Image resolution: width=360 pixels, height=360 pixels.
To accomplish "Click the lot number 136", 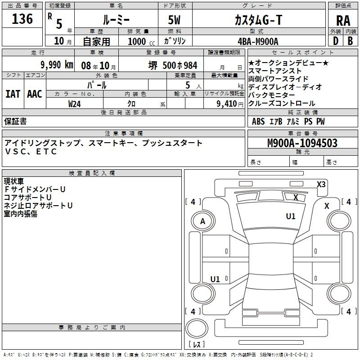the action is point(22,19).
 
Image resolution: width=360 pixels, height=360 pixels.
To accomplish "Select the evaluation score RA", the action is point(343,21).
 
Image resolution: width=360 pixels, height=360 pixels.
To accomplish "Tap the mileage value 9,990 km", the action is point(57,65).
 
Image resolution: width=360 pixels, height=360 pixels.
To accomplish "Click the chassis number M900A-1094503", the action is point(302,143).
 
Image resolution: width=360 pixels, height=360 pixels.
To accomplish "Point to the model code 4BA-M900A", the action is point(258,41).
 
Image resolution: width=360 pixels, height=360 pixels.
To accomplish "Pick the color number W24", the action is point(74,104).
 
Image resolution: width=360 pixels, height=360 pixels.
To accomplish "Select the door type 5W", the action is point(174,20).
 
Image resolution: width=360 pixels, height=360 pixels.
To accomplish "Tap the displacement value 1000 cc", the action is point(141,41).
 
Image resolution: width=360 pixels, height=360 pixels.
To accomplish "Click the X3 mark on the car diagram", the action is point(321,184).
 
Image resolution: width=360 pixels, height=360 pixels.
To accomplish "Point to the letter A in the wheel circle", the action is point(202,221).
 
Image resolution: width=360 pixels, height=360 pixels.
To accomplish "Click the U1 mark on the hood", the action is point(290,216).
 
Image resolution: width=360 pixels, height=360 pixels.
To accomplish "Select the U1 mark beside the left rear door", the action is point(215,279).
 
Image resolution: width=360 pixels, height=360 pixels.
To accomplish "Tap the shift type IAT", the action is point(13,94).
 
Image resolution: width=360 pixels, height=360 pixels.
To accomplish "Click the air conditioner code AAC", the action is point(35,94).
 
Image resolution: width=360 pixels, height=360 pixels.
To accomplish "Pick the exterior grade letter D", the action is point(336,41).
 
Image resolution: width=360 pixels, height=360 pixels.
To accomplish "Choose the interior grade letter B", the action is point(350,41).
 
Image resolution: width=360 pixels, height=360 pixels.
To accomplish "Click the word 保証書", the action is point(15,121).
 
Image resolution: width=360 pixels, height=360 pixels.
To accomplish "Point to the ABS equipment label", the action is point(258,121).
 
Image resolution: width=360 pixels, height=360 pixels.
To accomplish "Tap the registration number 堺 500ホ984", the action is point(173,65).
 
